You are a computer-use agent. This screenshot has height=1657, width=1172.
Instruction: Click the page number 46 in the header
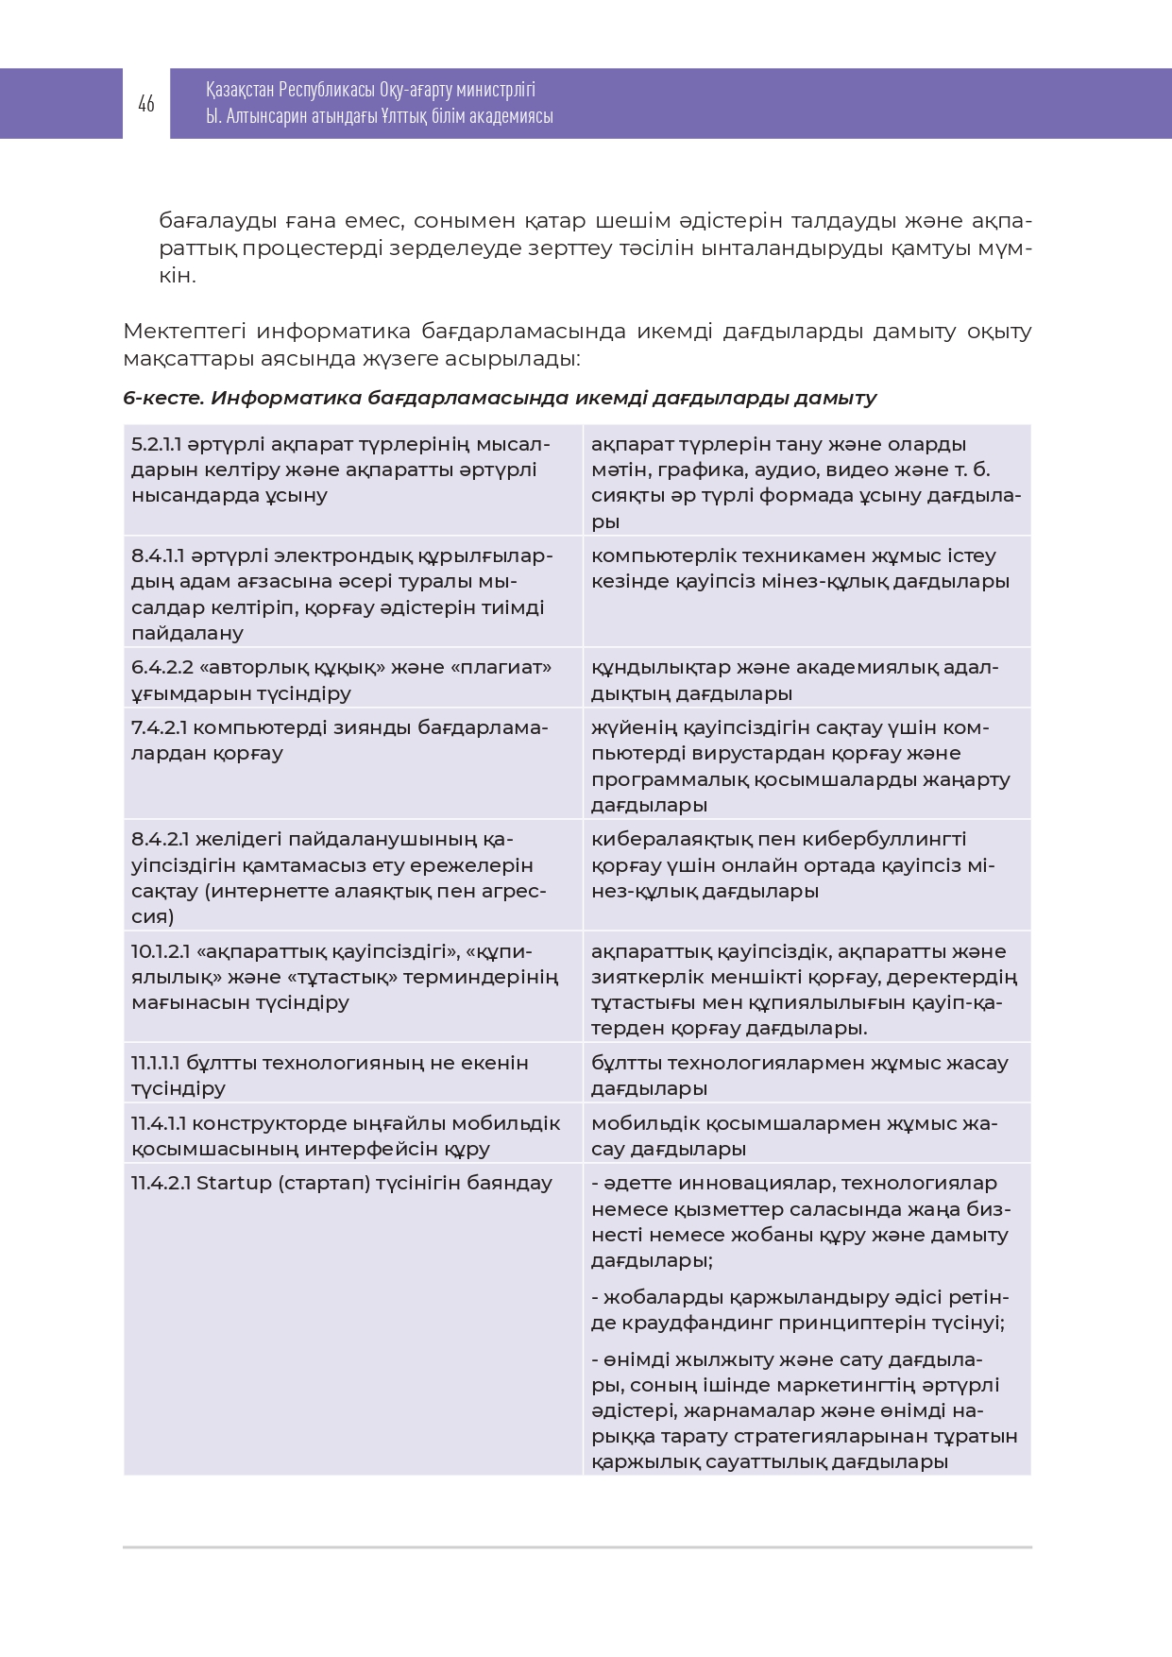(146, 104)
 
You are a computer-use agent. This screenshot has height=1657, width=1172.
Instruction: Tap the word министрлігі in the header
(495, 90)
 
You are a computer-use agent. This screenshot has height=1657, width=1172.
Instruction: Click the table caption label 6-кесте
(163, 398)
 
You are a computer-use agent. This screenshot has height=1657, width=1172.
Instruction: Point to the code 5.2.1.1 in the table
(156, 444)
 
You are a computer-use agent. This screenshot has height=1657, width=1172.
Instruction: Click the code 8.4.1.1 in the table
(157, 555)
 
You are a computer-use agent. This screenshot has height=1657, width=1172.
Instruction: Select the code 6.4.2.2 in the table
(162, 667)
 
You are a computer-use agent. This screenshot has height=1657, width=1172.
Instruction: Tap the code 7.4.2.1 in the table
(161, 727)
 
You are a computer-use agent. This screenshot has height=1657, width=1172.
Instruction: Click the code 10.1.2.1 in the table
(162, 951)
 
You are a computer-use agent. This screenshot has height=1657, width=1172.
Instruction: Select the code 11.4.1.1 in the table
(158, 1123)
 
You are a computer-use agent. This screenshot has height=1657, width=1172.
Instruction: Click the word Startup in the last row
(233, 1183)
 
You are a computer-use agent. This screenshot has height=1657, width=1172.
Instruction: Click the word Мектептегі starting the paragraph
(184, 332)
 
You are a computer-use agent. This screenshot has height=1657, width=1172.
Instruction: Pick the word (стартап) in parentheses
(324, 1183)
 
